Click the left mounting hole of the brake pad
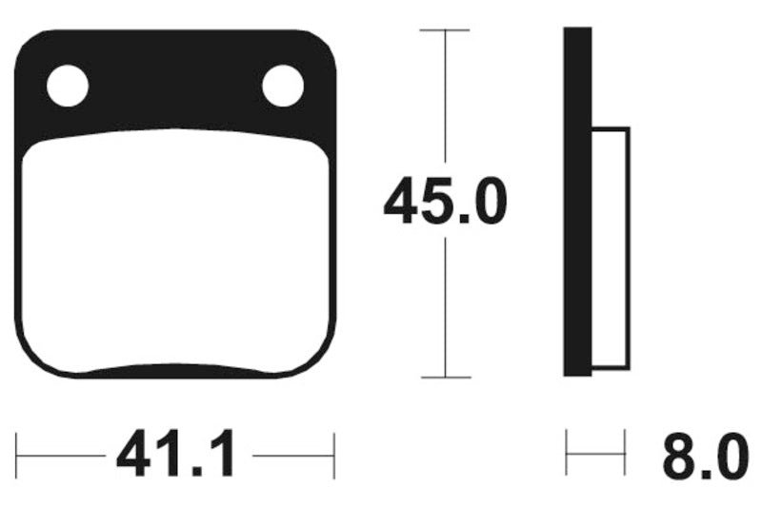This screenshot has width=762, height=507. (67, 87)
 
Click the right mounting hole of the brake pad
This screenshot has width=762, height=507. (282, 87)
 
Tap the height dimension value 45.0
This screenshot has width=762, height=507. (445, 205)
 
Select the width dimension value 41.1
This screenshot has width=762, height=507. (176, 458)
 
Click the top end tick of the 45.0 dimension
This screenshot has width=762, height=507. (445, 30)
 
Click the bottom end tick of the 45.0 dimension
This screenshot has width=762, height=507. (445, 378)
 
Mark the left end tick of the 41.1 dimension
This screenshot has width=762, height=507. (17, 458)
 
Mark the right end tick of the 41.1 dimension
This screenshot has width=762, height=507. (334, 458)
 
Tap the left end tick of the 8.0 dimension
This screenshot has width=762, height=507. (567, 452)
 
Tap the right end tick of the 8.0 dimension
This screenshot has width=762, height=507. (625, 452)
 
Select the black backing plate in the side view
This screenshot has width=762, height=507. (577, 202)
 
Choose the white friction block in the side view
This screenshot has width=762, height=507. (611, 247)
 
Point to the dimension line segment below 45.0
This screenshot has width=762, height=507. (445, 304)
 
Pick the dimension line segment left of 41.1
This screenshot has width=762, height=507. (62, 458)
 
